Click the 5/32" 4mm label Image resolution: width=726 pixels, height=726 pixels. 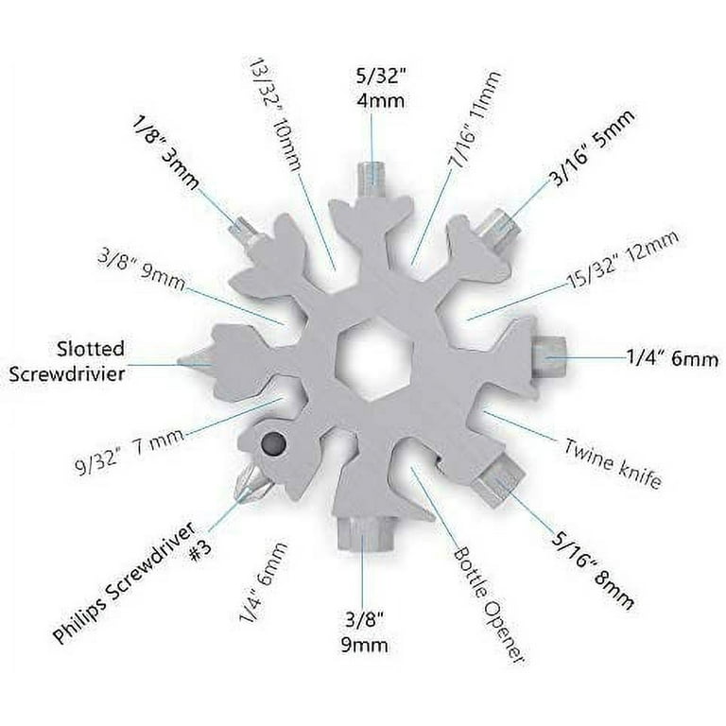(x=380, y=89)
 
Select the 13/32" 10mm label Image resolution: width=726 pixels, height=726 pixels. (x=272, y=114)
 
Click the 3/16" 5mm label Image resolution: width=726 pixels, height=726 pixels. (x=593, y=147)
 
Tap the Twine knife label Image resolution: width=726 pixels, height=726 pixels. (x=613, y=462)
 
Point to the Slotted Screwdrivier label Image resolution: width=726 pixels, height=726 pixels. (x=67, y=361)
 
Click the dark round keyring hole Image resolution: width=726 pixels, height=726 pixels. (x=273, y=444)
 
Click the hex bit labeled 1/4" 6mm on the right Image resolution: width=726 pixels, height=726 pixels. (x=548, y=357)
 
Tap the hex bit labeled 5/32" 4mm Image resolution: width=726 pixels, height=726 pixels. (x=372, y=180)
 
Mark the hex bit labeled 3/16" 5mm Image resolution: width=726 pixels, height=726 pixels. (x=497, y=230)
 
